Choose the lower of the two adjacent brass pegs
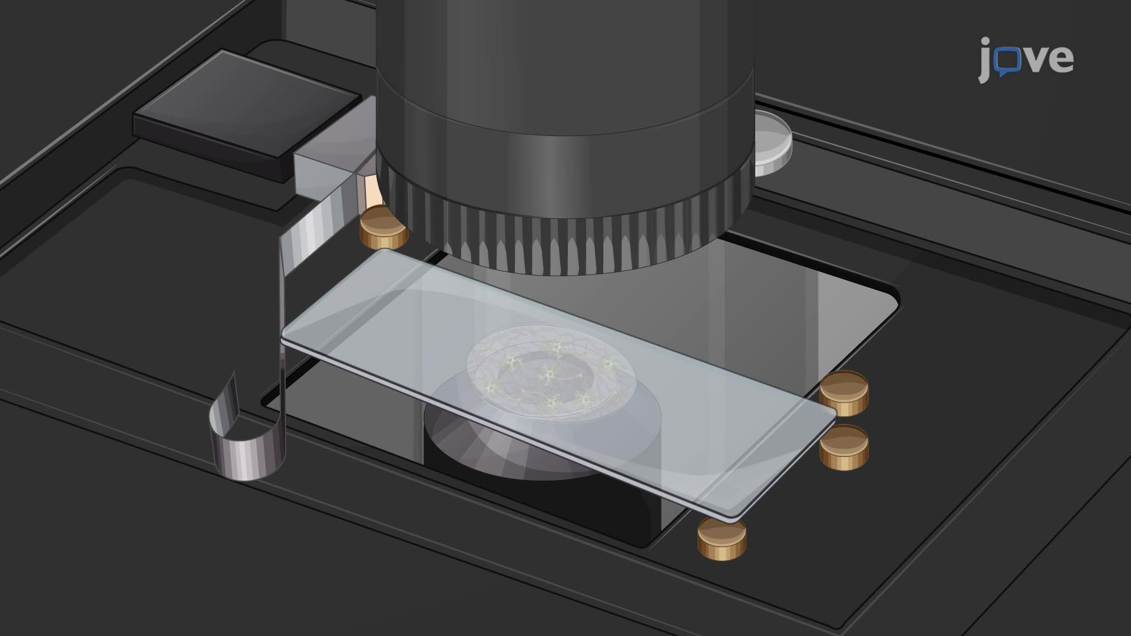(x=844, y=447)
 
